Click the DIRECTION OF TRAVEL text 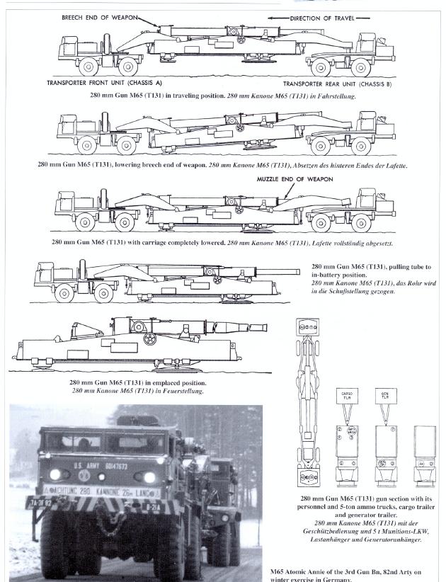tap(319, 18)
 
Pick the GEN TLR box tap(384, 394)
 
